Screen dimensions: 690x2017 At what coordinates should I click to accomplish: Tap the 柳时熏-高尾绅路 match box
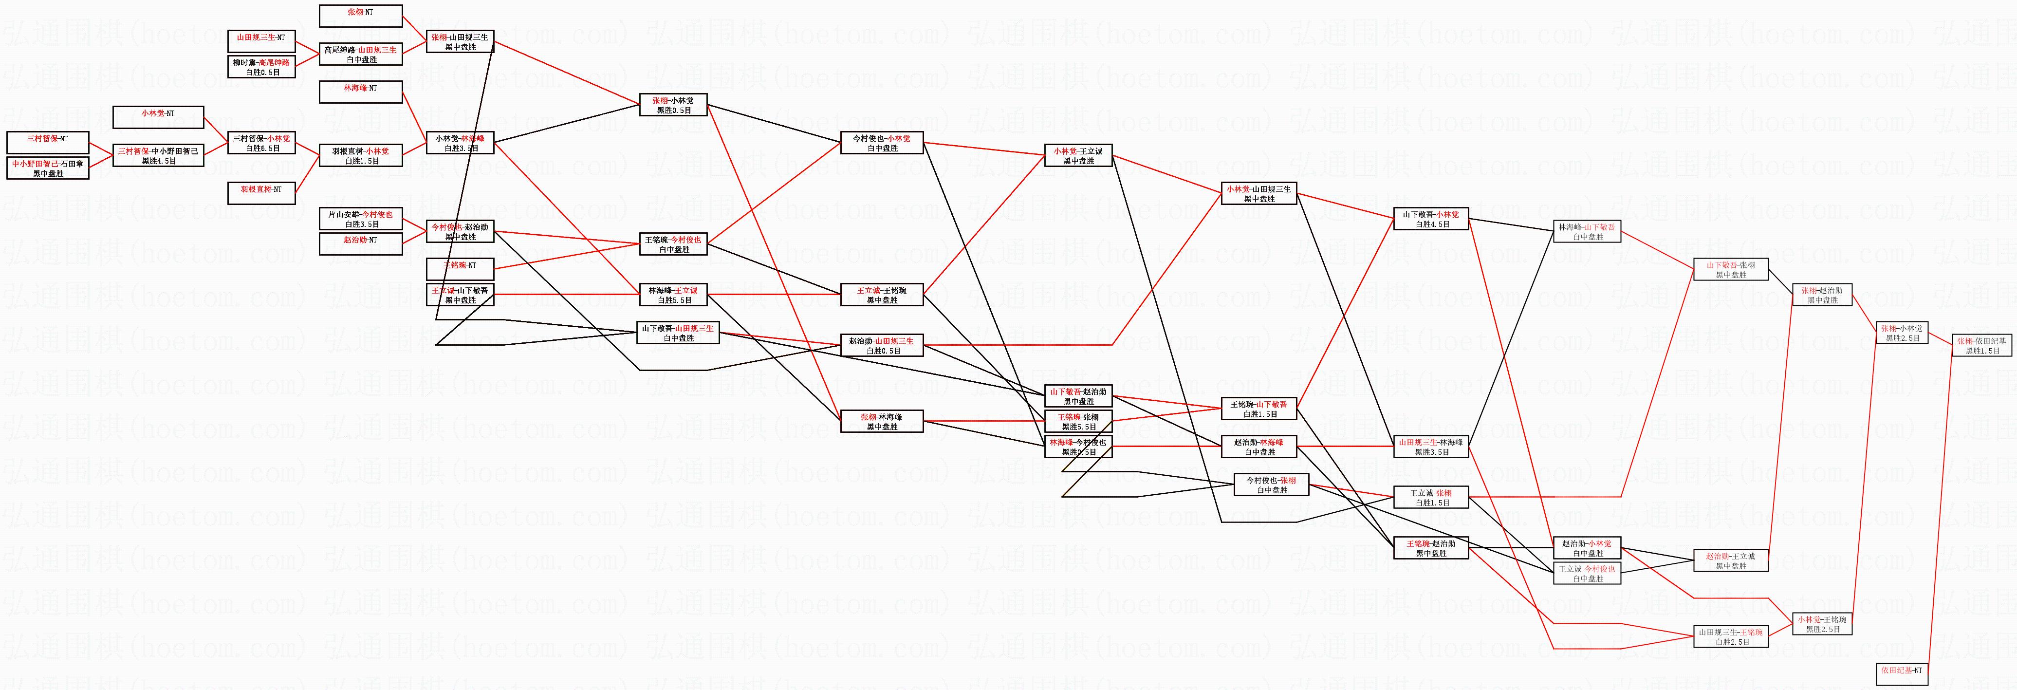261,67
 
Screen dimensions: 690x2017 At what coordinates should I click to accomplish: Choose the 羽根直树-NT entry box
261,193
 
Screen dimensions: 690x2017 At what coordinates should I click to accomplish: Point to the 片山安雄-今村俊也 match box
361,219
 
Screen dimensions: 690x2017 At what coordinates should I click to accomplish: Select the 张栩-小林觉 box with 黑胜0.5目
673,105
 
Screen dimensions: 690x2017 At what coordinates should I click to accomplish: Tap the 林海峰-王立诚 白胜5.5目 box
673,295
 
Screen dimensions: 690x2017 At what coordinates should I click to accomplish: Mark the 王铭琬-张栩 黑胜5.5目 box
1079,421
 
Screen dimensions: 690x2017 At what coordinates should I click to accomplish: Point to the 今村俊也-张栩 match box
1272,485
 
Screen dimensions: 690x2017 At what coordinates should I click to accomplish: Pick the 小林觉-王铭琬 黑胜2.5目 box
1822,623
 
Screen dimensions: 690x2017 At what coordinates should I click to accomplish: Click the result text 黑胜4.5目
159,161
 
